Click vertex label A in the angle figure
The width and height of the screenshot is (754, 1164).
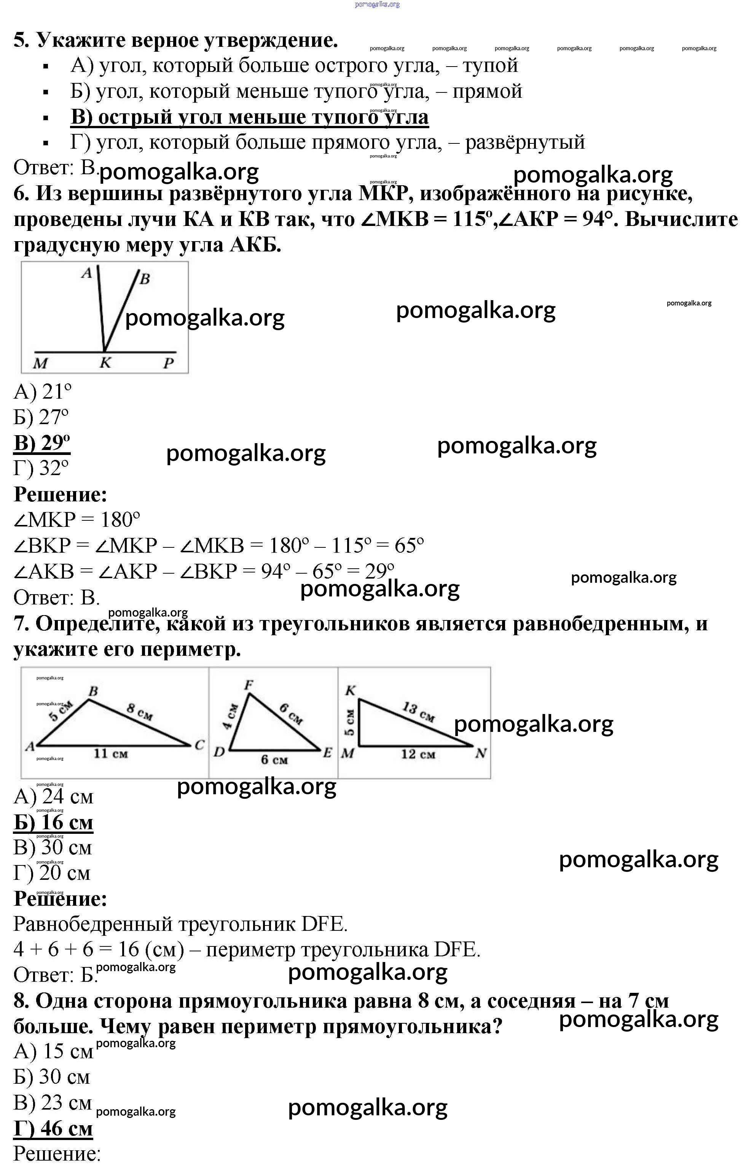87,273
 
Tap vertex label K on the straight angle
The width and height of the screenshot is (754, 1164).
105,363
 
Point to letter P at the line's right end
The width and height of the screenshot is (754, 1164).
168,363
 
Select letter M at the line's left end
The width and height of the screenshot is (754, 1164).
40,363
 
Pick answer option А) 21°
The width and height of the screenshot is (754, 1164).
43,392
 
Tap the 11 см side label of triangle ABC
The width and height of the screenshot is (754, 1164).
111,754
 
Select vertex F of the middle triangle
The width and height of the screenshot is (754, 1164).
249,685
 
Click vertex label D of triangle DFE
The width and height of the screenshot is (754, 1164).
219,752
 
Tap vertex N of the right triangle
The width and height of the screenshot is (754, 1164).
480,753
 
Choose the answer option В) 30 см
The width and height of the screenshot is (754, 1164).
53,847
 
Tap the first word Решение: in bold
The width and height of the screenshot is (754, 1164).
60,494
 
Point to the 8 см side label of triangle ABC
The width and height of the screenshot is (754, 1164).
140,712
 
